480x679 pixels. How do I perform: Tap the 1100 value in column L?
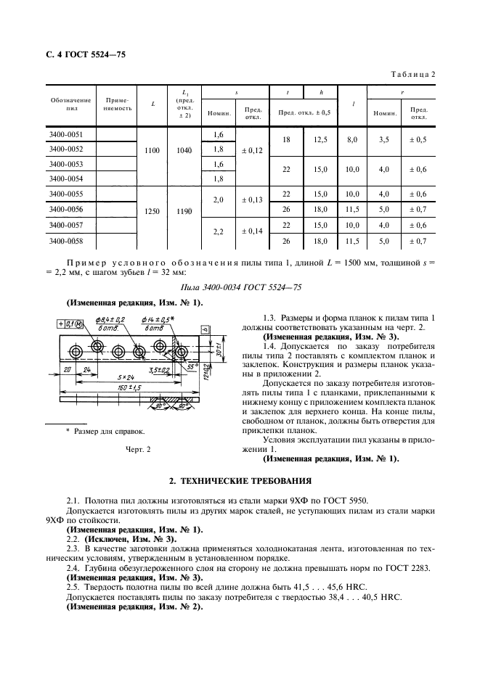pyautogui.click(x=152, y=150)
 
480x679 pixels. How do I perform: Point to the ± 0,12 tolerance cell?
pyautogui.click(x=252, y=150)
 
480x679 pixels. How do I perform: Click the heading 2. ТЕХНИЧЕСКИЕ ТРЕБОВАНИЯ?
pyautogui.click(x=240, y=480)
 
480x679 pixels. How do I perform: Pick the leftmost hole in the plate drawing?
pyautogui.click(x=77, y=351)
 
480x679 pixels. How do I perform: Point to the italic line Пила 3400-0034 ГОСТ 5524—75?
pyautogui.click(x=240, y=288)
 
